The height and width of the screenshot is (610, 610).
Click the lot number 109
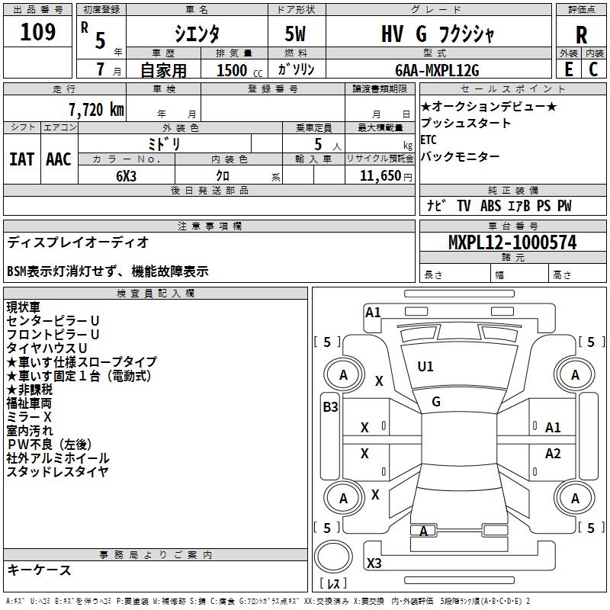pos(38,32)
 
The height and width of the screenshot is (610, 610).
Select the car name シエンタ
pos(197,33)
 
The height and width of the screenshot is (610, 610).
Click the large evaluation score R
pos(581,34)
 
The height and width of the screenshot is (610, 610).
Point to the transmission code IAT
pos(21,159)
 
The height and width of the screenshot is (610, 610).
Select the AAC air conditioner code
pos(59,159)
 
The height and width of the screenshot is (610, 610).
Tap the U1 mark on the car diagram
pos(425,367)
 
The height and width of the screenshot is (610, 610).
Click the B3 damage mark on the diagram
pos(330,407)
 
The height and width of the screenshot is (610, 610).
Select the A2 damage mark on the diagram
pos(553,454)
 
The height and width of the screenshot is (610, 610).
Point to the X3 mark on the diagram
pos(374,563)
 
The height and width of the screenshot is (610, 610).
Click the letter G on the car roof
pos(435,401)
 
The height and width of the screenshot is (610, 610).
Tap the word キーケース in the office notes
pos(39,570)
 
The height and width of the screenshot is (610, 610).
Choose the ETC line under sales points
pos(429,140)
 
